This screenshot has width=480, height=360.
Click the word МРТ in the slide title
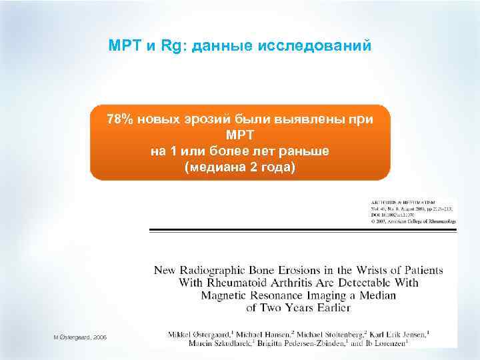[x=121, y=47]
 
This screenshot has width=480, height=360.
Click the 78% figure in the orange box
[x=121, y=119]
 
